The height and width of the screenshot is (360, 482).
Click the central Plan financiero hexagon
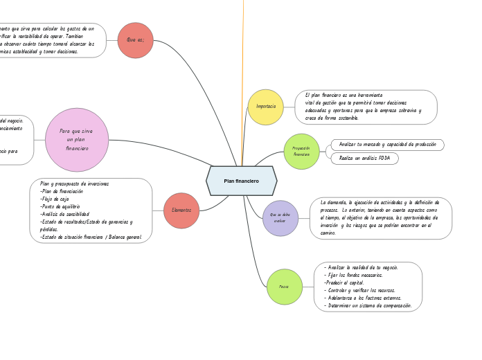(241, 181)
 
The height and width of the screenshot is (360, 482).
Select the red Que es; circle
(135, 40)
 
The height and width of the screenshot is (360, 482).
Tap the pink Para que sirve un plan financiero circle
(77, 140)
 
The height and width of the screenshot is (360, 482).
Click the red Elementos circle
(181, 210)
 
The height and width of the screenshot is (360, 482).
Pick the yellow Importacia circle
(266, 107)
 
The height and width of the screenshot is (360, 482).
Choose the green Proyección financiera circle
(301, 151)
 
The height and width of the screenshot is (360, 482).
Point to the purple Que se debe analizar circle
(280, 218)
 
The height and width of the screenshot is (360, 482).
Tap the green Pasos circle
(285, 287)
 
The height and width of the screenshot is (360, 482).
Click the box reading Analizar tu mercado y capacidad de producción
(387, 145)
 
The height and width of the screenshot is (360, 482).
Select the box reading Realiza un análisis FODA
(364, 159)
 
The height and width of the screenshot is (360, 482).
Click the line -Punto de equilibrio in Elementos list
(60, 206)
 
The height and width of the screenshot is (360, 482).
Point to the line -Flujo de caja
(55, 199)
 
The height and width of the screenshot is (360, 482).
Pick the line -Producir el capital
(344, 282)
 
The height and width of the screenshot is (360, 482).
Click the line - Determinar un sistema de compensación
(368, 305)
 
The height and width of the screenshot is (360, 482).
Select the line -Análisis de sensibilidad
(64, 214)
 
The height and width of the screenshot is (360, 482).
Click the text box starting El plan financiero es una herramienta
(366, 107)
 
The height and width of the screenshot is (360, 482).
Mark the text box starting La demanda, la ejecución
(380, 218)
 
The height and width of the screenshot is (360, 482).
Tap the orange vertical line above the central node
(242, 83)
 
